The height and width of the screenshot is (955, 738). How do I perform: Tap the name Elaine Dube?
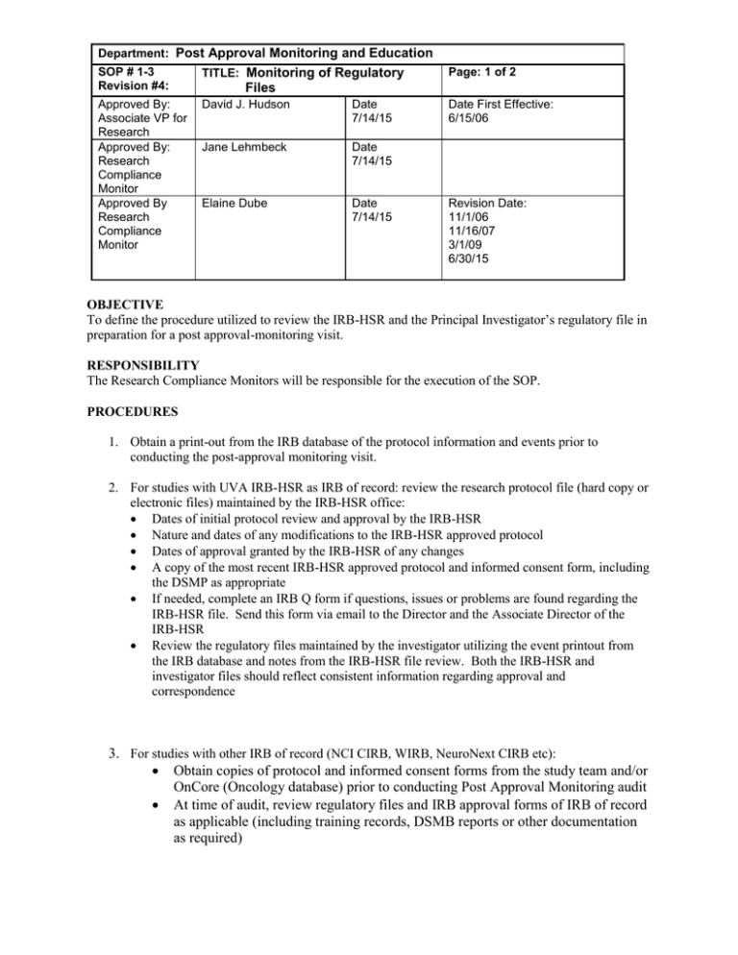pyautogui.click(x=232, y=204)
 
